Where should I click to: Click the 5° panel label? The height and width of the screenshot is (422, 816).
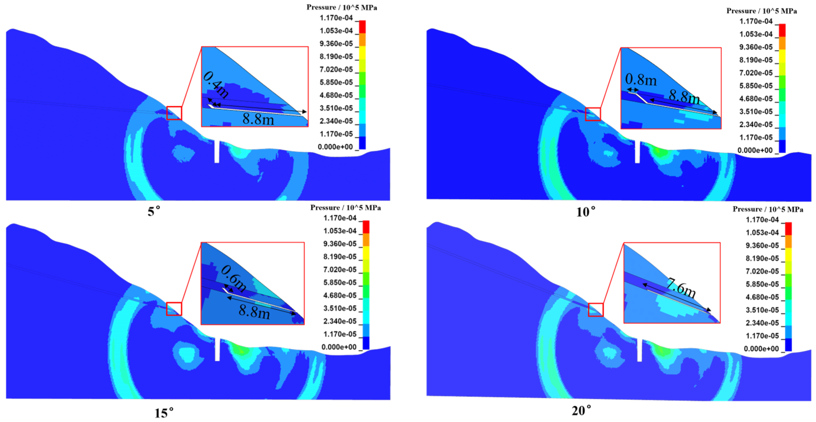(x=154, y=211)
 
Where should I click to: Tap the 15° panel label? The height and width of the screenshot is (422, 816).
(x=164, y=413)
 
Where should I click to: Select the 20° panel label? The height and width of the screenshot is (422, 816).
(x=582, y=411)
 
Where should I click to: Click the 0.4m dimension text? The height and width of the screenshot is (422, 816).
(x=216, y=85)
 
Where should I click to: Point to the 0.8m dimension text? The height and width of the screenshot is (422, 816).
(x=641, y=80)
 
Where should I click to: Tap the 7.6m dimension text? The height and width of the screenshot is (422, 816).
(x=681, y=288)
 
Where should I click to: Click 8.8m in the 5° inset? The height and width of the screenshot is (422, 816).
(x=258, y=119)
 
